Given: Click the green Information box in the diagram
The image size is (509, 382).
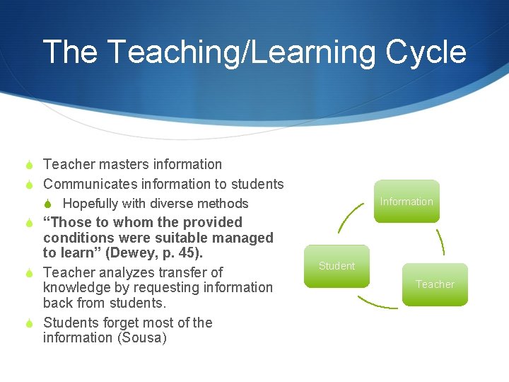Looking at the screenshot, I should click(x=406, y=202).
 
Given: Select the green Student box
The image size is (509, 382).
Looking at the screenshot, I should click(x=337, y=266).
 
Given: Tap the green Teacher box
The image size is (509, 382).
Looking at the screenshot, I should click(x=435, y=284).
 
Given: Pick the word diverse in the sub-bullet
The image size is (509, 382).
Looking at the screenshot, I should click(x=170, y=204).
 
